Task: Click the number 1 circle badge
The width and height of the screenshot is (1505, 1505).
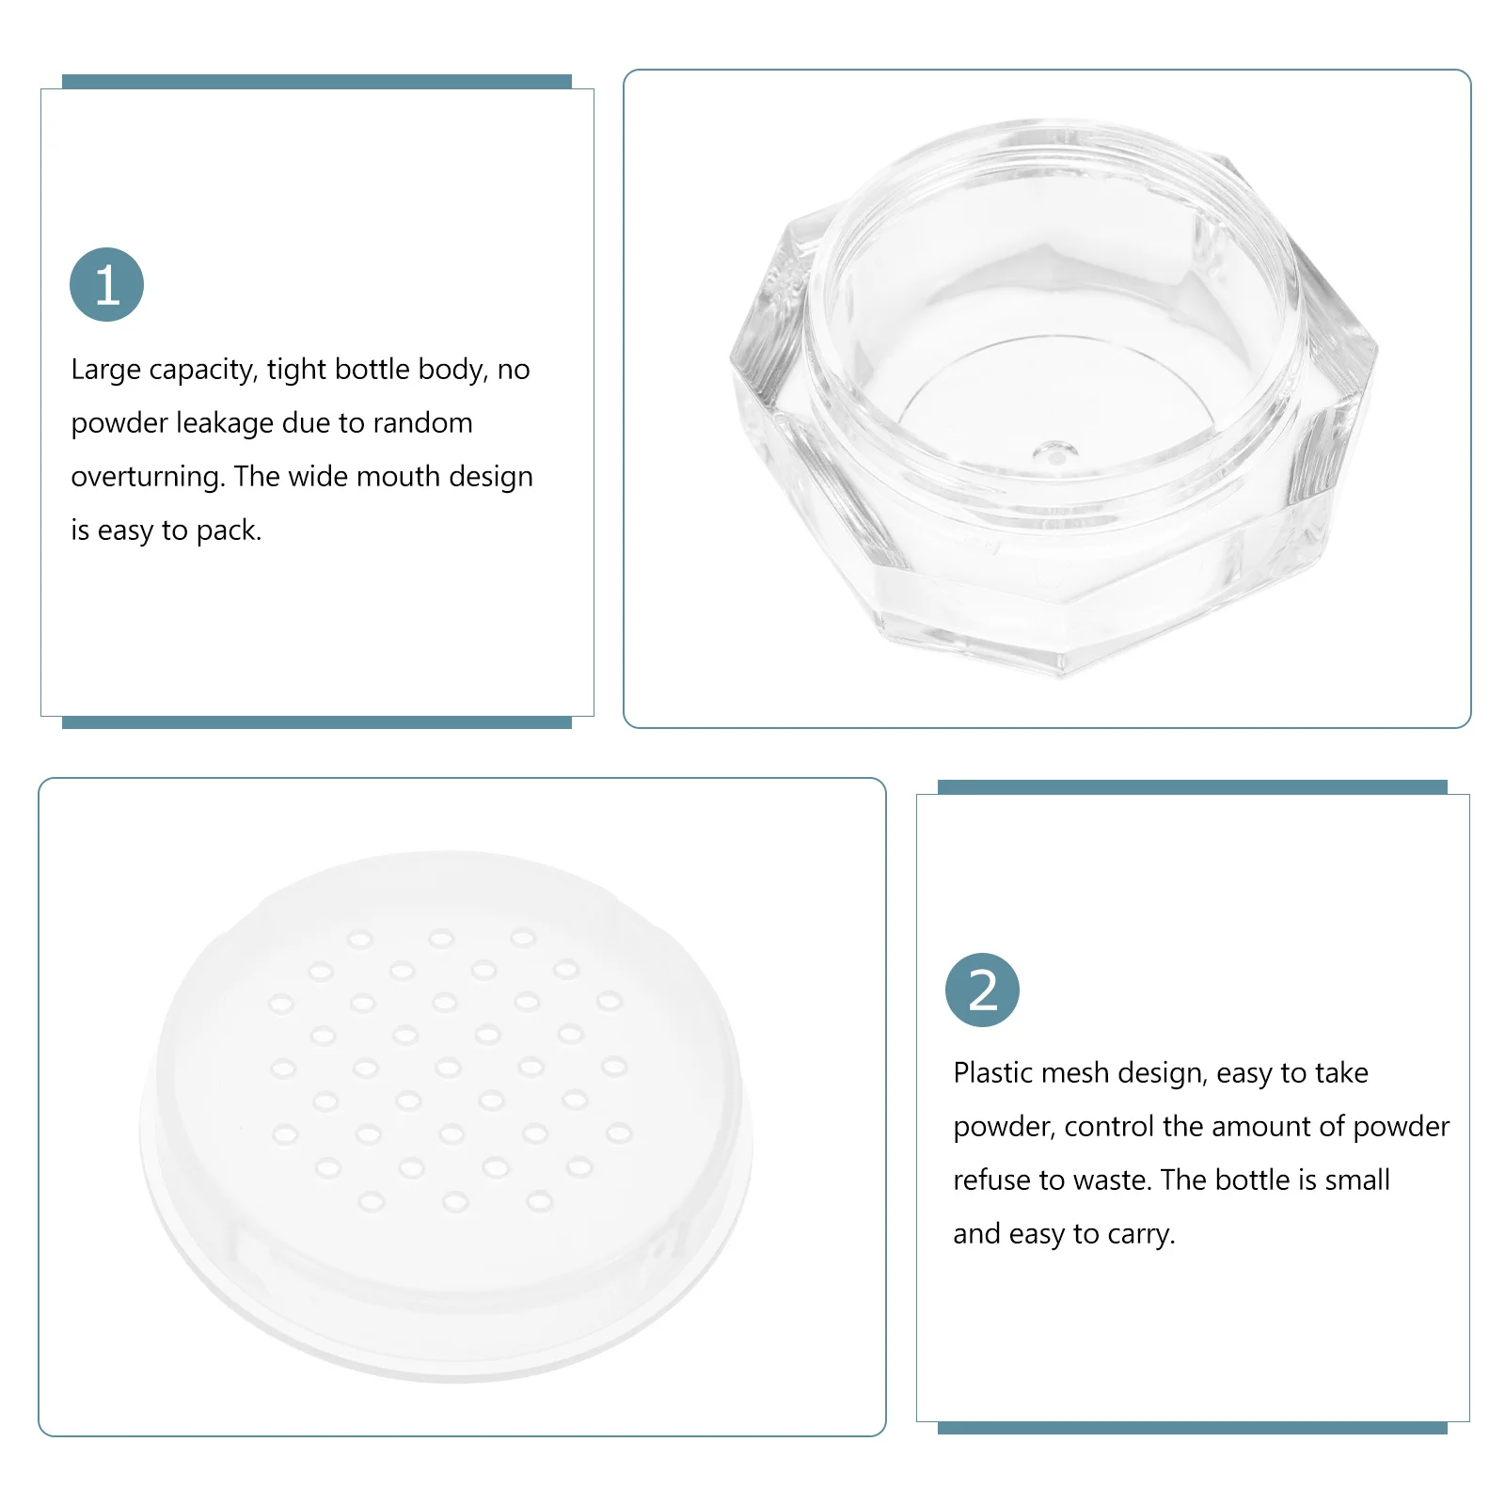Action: [106, 284]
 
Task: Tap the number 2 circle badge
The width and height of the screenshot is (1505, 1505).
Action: [982, 990]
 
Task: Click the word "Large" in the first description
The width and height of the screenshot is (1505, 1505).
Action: [105, 370]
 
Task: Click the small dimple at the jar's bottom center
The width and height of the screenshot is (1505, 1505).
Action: [1054, 452]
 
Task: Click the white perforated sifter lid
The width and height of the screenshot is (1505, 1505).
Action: [447, 1115]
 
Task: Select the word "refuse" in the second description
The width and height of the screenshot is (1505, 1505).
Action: [990, 1180]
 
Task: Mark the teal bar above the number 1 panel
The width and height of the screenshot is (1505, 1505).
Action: [317, 82]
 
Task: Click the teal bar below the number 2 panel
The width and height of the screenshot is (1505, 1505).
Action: [1192, 1428]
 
